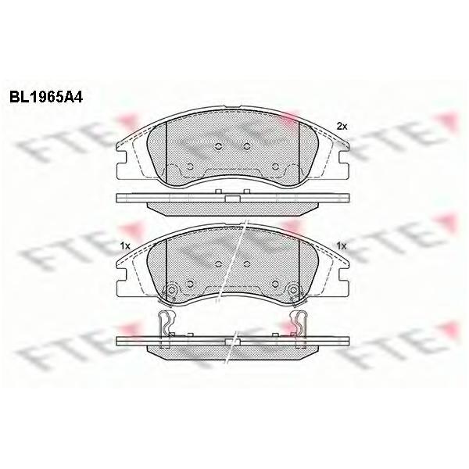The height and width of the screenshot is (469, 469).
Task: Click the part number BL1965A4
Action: pos(46,97)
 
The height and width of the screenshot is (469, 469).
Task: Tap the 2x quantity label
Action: pos(342,127)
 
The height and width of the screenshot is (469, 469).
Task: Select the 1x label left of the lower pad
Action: pos(125,246)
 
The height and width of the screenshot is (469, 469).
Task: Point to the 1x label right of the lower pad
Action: pos(342,246)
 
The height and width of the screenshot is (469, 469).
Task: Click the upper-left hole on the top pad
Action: pos(219,146)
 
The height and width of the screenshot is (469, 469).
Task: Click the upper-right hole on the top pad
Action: pos(247,146)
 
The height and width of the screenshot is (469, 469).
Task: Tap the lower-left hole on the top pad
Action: pos(190,167)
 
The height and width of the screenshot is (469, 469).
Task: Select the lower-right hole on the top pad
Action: pos(275,167)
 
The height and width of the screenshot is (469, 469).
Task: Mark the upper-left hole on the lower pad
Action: pos(219,264)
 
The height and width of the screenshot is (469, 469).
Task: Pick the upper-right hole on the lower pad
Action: pos(247,264)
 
